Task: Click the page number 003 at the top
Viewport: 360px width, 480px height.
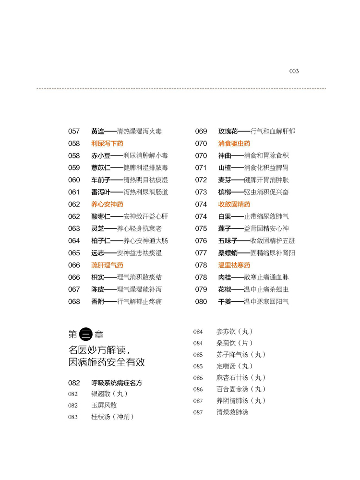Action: pyautogui.click(x=294, y=71)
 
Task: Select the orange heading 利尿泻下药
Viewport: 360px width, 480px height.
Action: pyautogui.click(x=107, y=144)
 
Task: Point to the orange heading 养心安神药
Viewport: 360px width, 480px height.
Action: pyautogui.click(x=107, y=204)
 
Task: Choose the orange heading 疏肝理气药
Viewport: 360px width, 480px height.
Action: pyautogui.click(x=107, y=265)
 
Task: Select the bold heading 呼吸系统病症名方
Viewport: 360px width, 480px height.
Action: pyautogui.click(x=117, y=383)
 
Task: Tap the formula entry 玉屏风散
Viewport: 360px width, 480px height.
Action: pyautogui.click(x=104, y=405)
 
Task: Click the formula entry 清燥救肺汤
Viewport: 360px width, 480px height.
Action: pyautogui.click(x=232, y=412)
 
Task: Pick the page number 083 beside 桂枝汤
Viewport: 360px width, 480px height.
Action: pyautogui.click(x=73, y=417)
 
